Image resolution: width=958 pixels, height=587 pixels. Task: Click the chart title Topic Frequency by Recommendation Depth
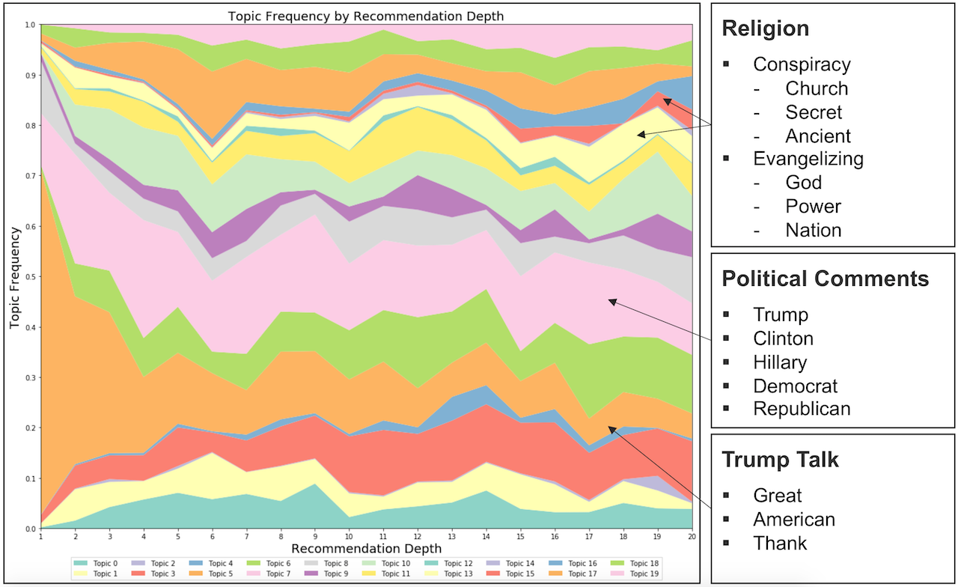pyautogui.click(x=367, y=16)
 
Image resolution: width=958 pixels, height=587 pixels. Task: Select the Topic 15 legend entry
pyautogui.click(x=525, y=574)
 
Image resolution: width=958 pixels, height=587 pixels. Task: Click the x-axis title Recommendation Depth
pyautogui.click(x=367, y=549)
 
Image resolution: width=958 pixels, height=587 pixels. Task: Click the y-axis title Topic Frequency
pyautogui.click(x=14, y=277)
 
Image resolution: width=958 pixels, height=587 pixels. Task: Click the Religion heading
pyautogui.click(x=765, y=28)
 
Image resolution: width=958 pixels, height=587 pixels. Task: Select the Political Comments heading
pyautogui.click(x=825, y=279)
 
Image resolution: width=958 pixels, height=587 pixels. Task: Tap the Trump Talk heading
pyautogui.click(x=780, y=460)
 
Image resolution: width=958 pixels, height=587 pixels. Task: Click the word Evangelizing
pyautogui.click(x=808, y=159)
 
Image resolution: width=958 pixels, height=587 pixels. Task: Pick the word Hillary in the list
pyautogui.click(x=780, y=362)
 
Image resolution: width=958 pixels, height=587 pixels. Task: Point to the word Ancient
pyautogui.click(x=818, y=136)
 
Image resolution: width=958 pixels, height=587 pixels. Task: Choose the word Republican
pyautogui.click(x=802, y=408)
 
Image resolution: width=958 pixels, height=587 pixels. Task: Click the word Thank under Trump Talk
pyautogui.click(x=780, y=542)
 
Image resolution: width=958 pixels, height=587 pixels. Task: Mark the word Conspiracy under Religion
pyautogui.click(x=802, y=64)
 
